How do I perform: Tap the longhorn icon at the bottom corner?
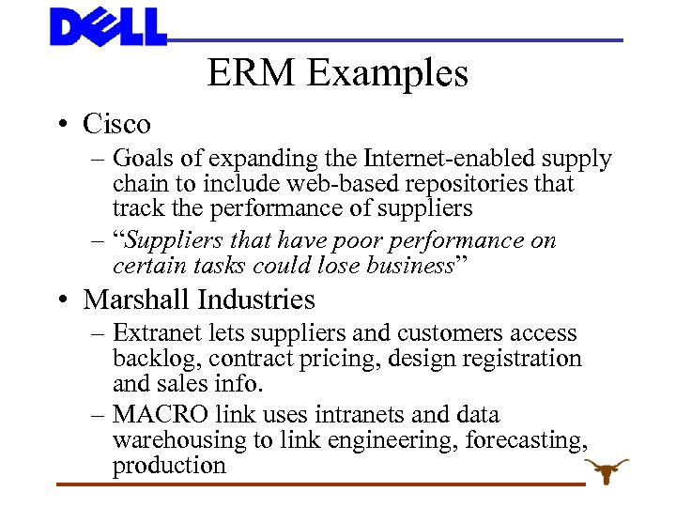coord(606,470)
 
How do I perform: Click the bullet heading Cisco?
coord(116,123)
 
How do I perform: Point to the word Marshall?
coord(137,300)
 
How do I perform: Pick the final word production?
coord(169,466)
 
